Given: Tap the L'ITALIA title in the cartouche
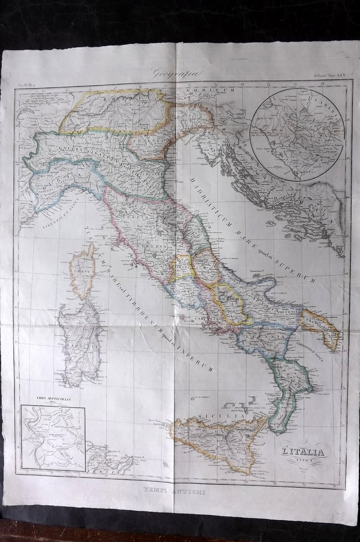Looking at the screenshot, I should [303, 451].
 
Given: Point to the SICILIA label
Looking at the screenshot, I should [214, 417].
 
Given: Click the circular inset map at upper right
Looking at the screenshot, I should [296, 134].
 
